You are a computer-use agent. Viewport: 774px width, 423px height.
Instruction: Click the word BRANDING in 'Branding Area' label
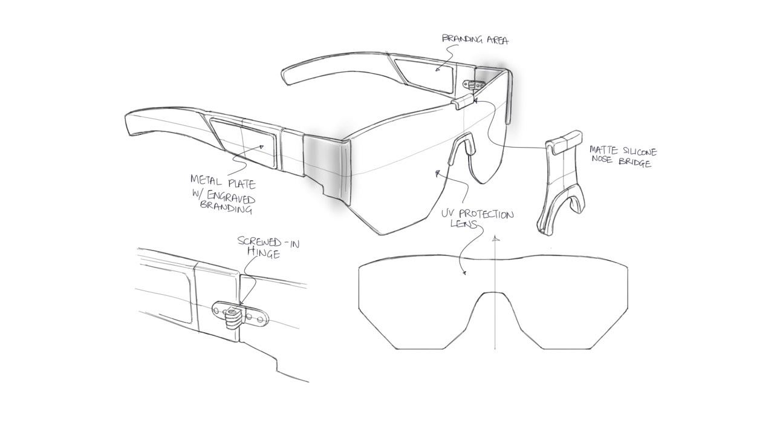tap(463, 39)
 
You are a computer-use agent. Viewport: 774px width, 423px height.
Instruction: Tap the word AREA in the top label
tap(497, 41)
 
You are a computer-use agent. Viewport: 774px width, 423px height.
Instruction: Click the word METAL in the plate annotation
tap(206, 180)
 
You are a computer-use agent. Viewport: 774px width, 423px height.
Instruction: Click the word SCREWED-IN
tap(268, 242)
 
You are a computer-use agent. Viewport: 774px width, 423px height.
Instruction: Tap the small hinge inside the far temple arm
tap(474, 84)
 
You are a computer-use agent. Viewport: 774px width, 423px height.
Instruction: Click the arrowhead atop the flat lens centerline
tap(495, 238)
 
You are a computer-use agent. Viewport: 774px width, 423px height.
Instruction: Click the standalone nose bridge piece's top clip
tap(564, 142)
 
